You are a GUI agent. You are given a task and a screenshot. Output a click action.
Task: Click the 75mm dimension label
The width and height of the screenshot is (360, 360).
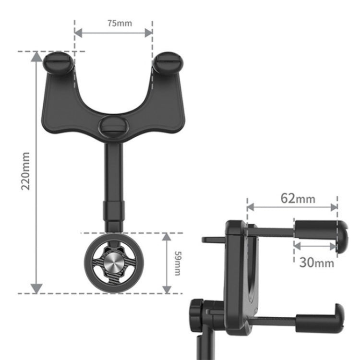pyautogui.click(x=113, y=23)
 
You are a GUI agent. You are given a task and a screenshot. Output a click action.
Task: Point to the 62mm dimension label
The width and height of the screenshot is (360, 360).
pyautogui.click(x=298, y=198)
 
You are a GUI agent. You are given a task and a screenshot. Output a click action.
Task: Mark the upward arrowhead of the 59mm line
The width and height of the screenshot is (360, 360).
pyautogui.click(x=167, y=238)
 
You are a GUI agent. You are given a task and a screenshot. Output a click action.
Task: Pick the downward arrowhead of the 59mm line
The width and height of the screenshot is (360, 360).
pyautogui.click(x=167, y=288)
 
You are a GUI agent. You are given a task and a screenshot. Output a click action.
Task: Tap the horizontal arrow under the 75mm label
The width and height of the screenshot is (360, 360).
pyautogui.click(x=113, y=33)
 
